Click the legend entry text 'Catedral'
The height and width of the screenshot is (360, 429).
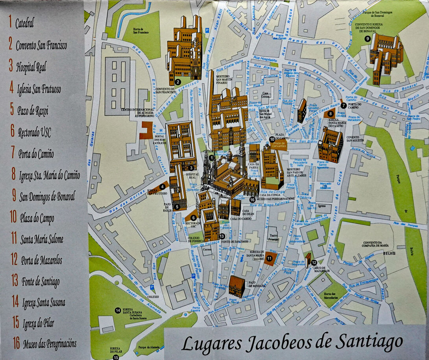[24, 23]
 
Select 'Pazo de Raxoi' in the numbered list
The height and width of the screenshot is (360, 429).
[33, 111]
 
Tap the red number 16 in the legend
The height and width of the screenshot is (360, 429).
[16, 343]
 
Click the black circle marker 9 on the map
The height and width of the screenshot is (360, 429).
[367, 38]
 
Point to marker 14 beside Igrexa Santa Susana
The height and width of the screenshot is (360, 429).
[118, 310]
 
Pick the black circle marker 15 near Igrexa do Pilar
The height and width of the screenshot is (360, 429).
[116, 357]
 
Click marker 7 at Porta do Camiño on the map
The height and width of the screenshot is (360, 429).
[343, 105]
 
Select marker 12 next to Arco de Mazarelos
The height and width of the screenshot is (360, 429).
[314, 262]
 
